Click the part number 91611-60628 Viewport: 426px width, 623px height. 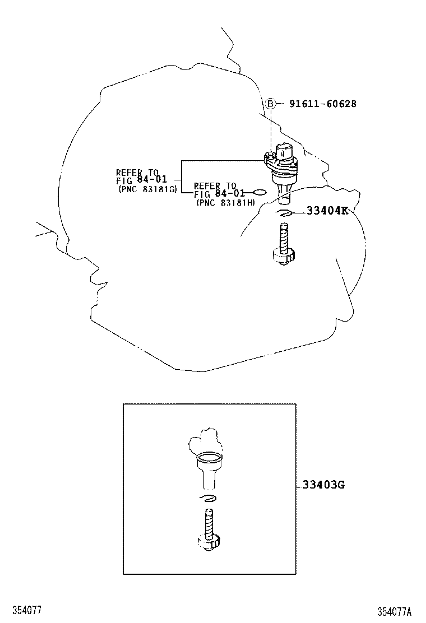(323, 104)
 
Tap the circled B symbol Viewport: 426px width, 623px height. (270, 104)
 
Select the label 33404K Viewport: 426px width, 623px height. (327, 211)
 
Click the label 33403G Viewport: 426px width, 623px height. (323, 485)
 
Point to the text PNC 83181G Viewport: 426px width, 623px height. (148, 189)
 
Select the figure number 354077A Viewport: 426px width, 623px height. (395, 611)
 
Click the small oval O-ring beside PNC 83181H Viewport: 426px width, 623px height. (260, 193)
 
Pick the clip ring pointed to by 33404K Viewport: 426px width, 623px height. (285, 214)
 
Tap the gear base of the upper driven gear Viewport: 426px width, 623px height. (283, 257)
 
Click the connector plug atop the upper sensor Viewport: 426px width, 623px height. (285, 150)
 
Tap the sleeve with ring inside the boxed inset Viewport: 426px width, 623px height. (209, 470)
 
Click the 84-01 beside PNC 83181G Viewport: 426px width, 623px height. (152, 179)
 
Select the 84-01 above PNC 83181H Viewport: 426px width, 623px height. (230, 193)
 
